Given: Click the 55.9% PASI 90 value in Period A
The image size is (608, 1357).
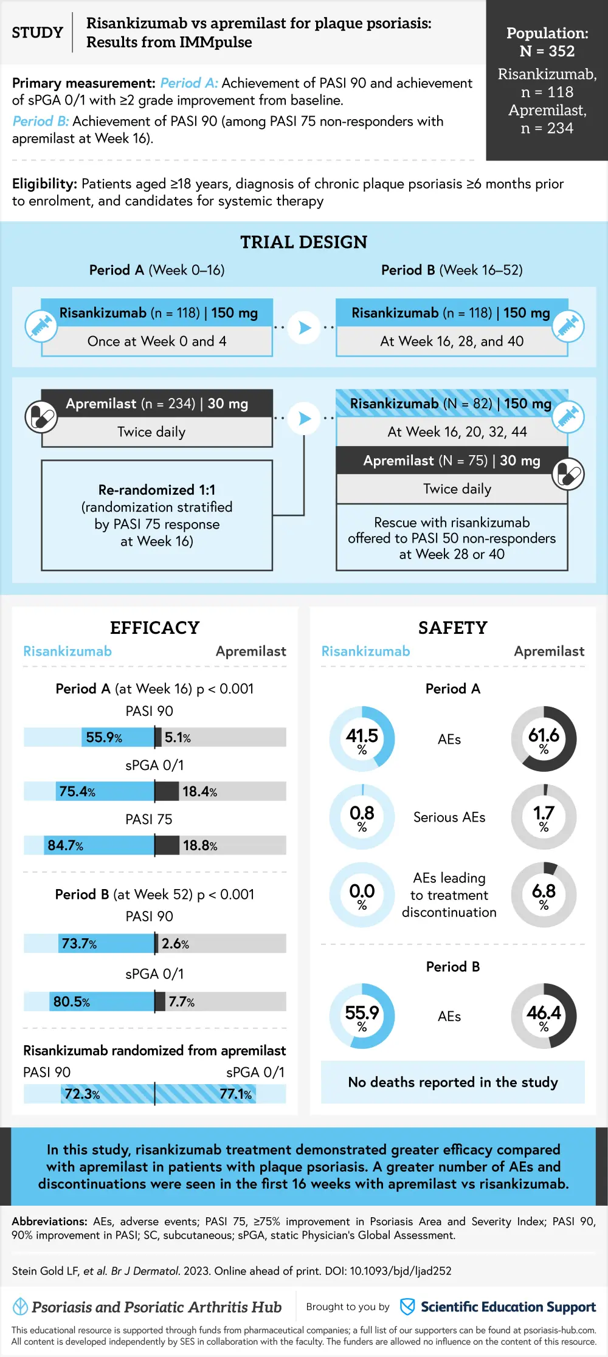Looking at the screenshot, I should [104, 737].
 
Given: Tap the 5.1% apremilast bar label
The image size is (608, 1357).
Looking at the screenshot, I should [178, 737].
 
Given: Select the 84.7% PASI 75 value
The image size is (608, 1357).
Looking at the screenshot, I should [65, 845].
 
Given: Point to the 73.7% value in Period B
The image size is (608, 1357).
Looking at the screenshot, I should [79, 943].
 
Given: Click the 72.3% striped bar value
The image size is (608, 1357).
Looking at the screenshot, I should [82, 1094].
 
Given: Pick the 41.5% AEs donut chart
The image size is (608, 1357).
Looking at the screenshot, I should [362, 739].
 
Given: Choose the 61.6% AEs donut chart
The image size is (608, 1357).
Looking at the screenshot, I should [544, 739].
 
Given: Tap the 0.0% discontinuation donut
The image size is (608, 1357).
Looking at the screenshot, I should [362, 895].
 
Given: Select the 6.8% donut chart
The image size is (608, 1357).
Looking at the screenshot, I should [544, 895].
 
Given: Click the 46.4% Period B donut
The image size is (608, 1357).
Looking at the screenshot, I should [544, 1016].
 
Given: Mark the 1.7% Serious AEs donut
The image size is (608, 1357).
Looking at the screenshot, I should [544, 817].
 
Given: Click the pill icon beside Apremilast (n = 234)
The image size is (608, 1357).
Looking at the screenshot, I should [41, 417].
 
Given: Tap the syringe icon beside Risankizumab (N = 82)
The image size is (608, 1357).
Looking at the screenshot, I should [568, 417].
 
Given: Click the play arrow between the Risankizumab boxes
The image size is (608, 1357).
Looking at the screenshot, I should [305, 328].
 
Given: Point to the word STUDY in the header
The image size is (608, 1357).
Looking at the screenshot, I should [38, 32].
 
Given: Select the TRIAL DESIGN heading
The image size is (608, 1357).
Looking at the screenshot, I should [304, 242].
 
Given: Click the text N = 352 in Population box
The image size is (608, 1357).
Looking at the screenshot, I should [547, 51].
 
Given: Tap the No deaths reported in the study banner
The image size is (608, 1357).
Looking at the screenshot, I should [453, 1082].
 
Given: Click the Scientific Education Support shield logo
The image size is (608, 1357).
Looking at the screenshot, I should [407, 1307].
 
